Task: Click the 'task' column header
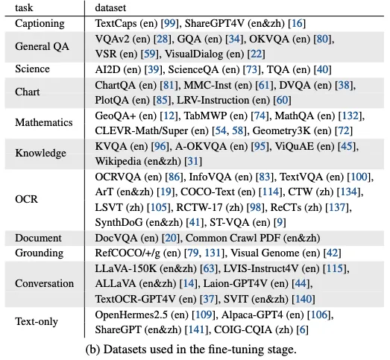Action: coord(24,7)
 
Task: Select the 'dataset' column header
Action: coord(110,7)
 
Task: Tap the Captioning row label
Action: coord(40,24)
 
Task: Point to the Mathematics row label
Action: coord(44,122)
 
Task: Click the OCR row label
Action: coord(26,199)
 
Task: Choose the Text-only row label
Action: coord(37,321)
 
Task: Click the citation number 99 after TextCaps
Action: coord(170,24)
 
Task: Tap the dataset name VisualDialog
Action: coord(194,54)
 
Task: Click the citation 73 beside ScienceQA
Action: coord(251,69)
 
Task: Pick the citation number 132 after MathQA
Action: coord(350,116)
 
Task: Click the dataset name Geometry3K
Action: coord(282,131)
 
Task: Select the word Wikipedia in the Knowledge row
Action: coord(118,161)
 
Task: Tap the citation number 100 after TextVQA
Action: coord(359,177)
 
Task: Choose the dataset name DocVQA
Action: coord(116,238)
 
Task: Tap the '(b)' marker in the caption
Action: coord(92,350)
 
